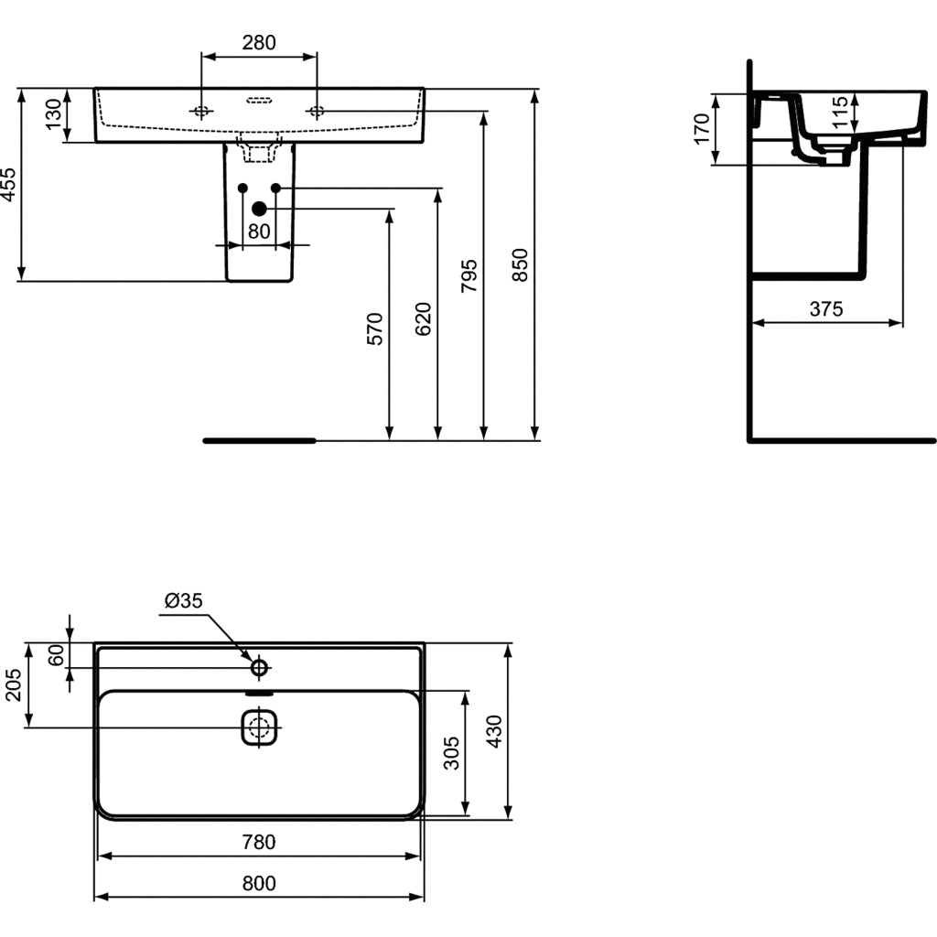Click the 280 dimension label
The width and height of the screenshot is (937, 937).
pyautogui.click(x=259, y=42)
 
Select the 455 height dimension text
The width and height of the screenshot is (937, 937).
pyautogui.click(x=9, y=184)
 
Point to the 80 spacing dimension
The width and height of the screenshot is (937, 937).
pyautogui.click(x=259, y=232)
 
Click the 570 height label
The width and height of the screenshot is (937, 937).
pyautogui.click(x=375, y=328)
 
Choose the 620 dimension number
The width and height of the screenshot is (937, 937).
pyautogui.click(x=423, y=318)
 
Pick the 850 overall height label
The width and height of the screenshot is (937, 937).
pyautogui.click(x=519, y=265)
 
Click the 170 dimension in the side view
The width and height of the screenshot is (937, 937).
pyautogui.click(x=701, y=129)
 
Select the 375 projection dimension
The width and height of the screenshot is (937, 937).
pyautogui.click(x=825, y=309)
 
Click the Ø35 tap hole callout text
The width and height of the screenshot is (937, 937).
pyautogui.click(x=183, y=600)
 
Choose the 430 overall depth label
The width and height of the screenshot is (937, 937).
pyautogui.click(x=494, y=732)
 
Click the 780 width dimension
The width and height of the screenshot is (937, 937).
pyautogui.click(x=259, y=842)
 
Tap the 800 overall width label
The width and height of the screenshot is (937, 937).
pyautogui.click(x=259, y=883)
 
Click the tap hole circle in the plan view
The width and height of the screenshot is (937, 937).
pyautogui.click(x=259, y=668)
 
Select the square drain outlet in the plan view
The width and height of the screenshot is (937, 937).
pyautogui.click(x=259, y=728)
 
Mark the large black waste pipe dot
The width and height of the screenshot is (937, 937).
pyautogui.click(x=258, y=209)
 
